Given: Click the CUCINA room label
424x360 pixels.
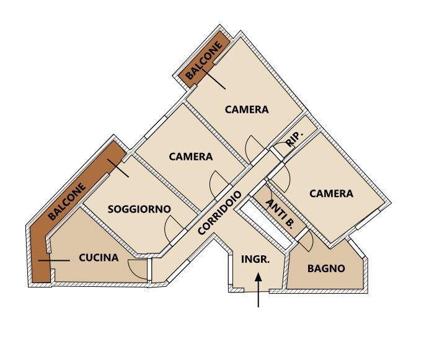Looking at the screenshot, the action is [99, 258].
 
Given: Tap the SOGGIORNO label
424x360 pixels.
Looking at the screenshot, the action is [139, 209].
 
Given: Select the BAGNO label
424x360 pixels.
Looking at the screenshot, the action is [326, 268].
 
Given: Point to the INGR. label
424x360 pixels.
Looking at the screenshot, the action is [255, 259].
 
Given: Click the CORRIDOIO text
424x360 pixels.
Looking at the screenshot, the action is [219, 213].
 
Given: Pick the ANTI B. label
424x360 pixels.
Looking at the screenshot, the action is [280, 214].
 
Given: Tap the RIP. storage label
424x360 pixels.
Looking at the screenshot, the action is [294, 139].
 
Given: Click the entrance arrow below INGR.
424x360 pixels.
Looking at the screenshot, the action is [258, 290].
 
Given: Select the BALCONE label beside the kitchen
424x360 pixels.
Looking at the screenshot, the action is [67, 201].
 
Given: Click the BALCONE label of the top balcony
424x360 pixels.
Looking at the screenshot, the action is [205, 60].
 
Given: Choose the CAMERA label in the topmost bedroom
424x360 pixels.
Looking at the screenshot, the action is [247, 110].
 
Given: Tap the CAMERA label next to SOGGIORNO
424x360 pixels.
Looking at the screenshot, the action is [191, 157].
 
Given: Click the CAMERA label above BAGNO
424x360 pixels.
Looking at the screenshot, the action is [331, 193].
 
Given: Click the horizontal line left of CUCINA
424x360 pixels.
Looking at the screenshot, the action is [54, 260].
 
